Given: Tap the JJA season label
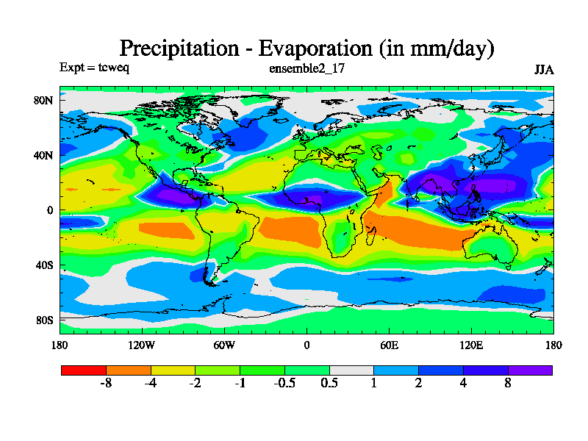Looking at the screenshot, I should [544, 70].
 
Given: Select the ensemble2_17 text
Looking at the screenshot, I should [307, 68].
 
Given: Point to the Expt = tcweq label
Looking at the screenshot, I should [94, 68].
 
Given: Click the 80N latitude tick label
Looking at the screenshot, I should [44, 100].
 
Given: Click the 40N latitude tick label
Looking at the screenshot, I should [44, 155].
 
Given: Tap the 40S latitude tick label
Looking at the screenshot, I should [44, 265].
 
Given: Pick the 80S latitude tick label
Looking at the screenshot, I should [44, 320].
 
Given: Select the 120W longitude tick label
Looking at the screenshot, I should [142, 345].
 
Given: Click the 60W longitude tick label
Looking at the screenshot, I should [224, 345].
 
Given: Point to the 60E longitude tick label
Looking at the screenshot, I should [389, 345].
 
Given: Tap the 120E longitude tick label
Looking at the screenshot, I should [471, 345].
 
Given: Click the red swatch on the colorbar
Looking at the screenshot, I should [83, 370].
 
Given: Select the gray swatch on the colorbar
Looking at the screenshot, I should [351, 370].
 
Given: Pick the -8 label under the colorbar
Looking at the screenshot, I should [106, 383].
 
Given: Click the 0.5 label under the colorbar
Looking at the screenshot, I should [329, 383].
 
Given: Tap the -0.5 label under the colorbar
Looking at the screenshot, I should [284, 383].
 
